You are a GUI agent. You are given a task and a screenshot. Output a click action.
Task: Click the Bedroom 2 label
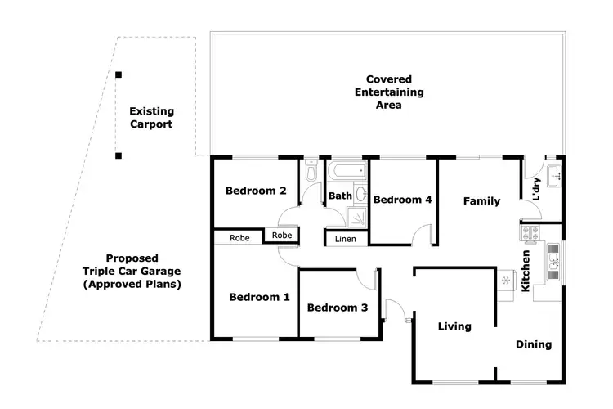pyautogui.click(x=256, y=191)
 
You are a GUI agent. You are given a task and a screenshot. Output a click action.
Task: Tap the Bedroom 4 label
pyautogui.click(x=402, y=200)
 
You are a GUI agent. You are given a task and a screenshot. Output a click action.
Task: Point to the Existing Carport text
pyautogui.click(x=152, y=118)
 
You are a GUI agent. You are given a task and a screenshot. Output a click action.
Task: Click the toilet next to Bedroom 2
pyautogui.click(x=310, y=173)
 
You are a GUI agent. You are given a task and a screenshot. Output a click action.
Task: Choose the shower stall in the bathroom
pyautogui.click(x=358, y=216)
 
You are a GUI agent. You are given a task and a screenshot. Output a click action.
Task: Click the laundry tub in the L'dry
pyautogui.click(x=553, y=173)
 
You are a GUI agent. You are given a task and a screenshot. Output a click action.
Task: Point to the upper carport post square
pyautogui.click(x=119, y=75)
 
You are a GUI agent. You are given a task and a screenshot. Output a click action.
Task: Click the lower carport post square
pyautogui.click(x=119, y=155)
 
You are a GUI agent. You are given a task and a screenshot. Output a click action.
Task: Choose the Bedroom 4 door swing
pyautogui.click(x=422, y=235)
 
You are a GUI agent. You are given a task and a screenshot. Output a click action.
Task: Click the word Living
pyautogui.click(x=454, y=326)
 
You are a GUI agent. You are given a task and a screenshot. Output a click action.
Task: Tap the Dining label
pyautogui.click(x=533, y=344)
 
